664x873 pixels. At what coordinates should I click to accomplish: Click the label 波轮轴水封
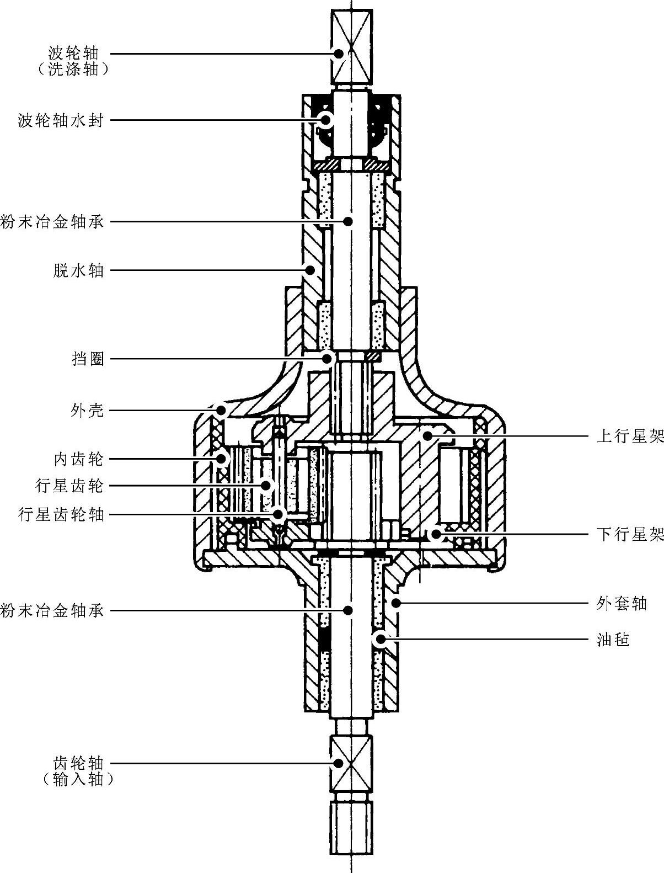point(61,120)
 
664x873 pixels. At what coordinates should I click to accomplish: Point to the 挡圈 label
point(88,359)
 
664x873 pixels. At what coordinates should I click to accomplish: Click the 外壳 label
point(88,411)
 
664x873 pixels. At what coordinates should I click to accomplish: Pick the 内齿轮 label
point(79,459)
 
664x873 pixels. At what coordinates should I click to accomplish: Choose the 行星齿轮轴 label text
point(61,515)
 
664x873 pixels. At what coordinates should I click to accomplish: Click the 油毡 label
point(613,640)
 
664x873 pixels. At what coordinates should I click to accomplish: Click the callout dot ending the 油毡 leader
point(380,640)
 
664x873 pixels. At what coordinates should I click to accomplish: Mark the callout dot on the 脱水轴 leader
point(310,270)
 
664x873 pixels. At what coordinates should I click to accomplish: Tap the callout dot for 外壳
point(221,411)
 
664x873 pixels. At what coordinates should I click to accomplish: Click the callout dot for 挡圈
point(328,359)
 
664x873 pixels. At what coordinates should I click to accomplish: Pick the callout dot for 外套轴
point(396,603)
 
